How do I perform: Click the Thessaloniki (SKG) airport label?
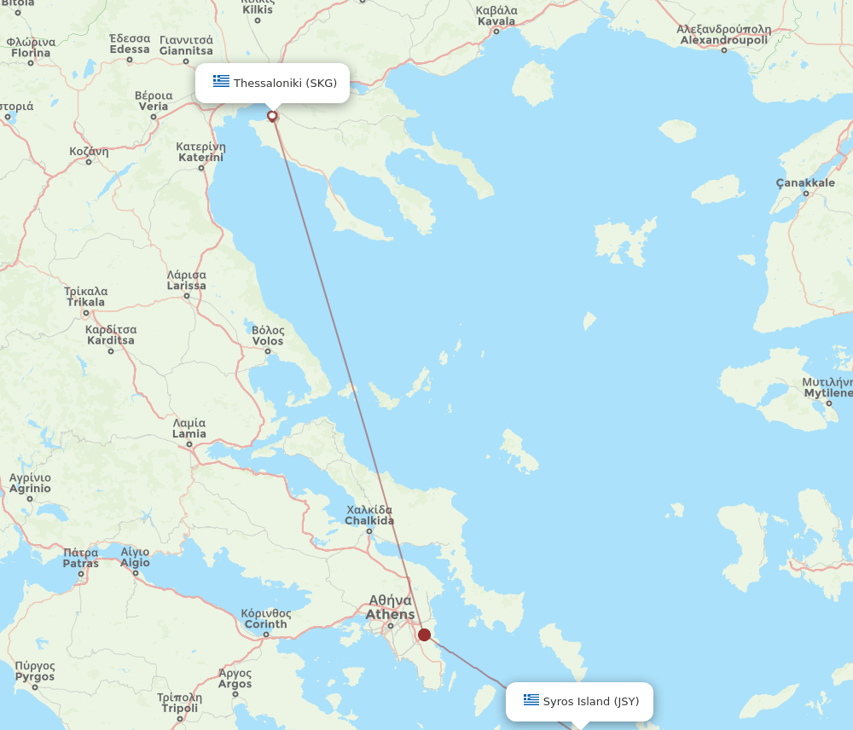(285, 83)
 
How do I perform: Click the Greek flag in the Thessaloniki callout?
(222, 82)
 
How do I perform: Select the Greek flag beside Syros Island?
(531, 700)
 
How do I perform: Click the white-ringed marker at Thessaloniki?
(272, 116)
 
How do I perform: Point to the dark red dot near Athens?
(424, 634)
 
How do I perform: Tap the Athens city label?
(391, 608)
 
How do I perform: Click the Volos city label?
(268, 335)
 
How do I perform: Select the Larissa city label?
(186, 281)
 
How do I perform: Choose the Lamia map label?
(189, 428)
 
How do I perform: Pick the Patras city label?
(81, 558)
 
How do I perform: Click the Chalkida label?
(369, 515)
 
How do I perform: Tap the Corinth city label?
(265, 618)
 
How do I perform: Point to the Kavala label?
(496, 15)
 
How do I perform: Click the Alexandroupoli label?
(723, 35)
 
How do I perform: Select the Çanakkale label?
(805, 182)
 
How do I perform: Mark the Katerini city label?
(200, 152)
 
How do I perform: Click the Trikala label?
(85, 297)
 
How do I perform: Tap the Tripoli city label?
(179, 703)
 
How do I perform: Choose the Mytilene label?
(827, 387)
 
